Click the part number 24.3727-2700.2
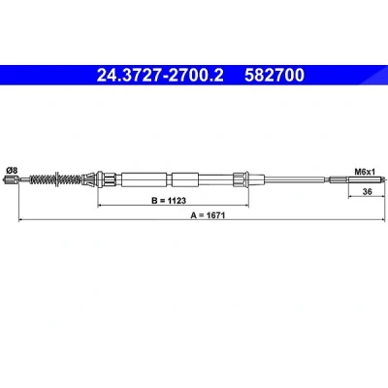[160, 75]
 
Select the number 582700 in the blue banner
[275, 75]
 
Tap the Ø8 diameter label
[12, 170]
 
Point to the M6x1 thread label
[365, 172]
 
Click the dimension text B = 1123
[169, 201]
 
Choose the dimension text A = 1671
[208, 215]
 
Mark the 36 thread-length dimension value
[367, 191]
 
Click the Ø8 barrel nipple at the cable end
[12, 179]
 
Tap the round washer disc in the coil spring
[57, 179]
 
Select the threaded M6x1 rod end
[357, 178]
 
